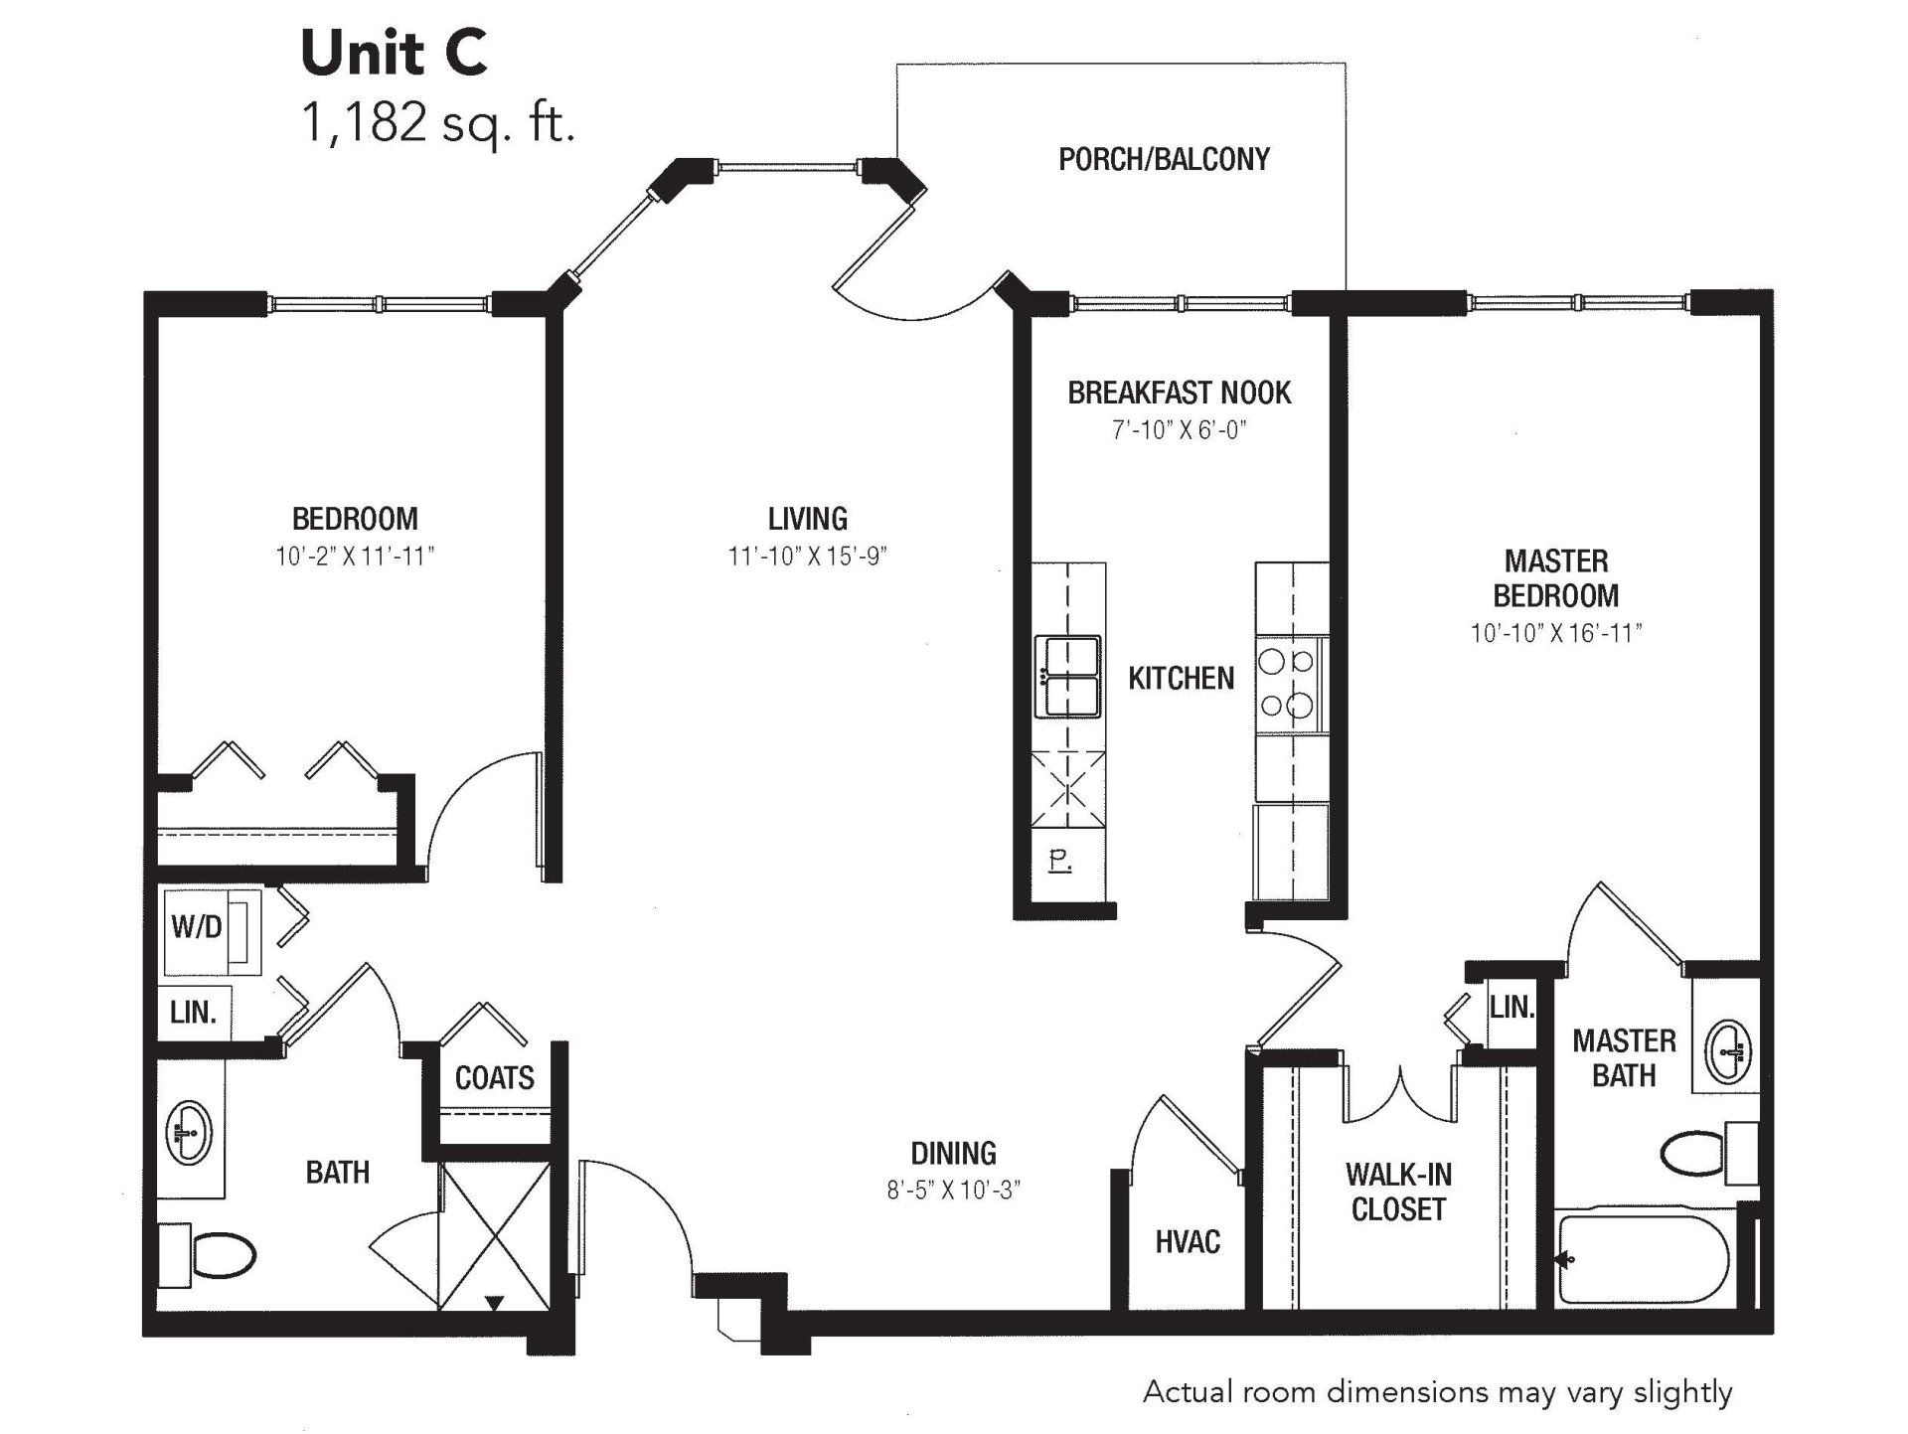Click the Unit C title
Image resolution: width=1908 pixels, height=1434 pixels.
click(394, 54)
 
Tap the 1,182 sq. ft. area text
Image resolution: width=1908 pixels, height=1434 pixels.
click(438, 124)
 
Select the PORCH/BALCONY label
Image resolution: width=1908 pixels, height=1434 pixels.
click(1164, 159)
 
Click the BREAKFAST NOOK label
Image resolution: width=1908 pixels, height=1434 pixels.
click(1180, 393)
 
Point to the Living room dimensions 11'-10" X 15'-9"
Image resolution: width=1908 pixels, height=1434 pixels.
click(807, 557)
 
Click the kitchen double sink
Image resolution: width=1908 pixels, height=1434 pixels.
click(1067, 676)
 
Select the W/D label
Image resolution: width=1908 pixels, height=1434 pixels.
click(196, 927)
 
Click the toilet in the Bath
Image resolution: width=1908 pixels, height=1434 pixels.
click(211, 1255)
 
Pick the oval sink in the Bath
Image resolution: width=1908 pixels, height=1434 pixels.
click(189, 1132)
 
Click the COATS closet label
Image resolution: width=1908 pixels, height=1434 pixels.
click(494, 1077)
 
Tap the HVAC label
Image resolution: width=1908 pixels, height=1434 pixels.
click(1188, 1241)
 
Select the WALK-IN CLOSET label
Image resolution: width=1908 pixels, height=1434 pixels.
click(1398, 1192)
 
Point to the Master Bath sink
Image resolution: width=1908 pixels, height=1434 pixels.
click(1728, 1051)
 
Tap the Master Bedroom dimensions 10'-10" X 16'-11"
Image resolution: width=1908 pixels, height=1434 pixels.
click(1556, 633)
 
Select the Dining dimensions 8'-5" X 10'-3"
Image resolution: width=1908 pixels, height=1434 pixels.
click(954, 1190)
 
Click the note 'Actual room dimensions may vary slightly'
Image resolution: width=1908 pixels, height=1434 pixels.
click(1438, 1393)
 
